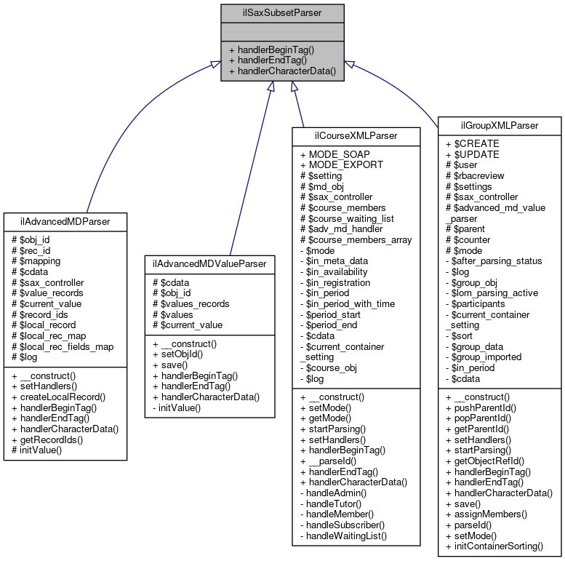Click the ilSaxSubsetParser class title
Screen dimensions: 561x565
coord(282,12)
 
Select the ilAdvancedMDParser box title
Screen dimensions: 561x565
coord(65,220)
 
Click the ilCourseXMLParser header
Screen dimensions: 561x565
coord(356,136)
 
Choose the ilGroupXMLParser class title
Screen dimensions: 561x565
coord(500,126)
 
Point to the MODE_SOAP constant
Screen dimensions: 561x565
coord(339,155)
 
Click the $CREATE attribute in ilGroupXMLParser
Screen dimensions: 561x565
coord(476,144)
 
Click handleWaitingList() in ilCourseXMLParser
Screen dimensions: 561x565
coord(348,536)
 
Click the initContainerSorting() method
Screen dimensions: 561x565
coord(499,546)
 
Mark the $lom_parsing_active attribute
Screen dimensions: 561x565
coord(497,292)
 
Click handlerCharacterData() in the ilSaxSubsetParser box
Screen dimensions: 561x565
coord(282,71)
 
